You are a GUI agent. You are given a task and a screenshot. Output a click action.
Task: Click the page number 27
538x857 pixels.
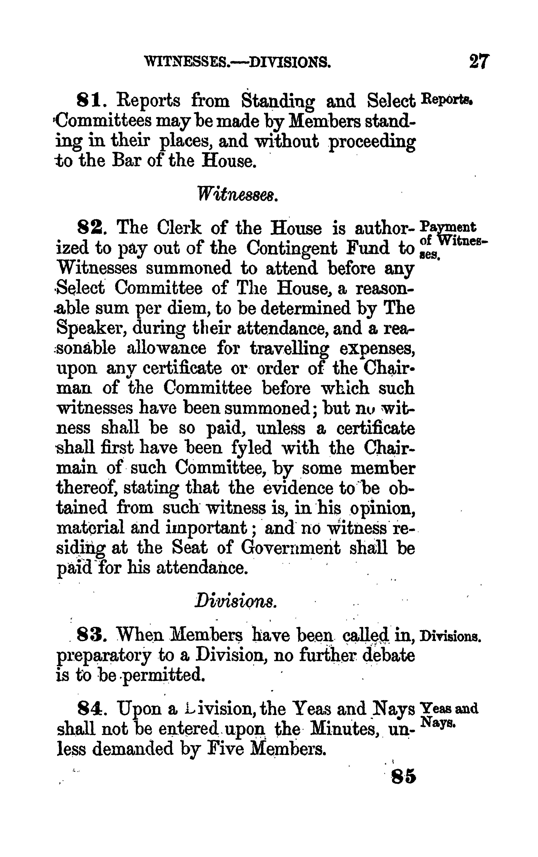(x=479, y=61)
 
